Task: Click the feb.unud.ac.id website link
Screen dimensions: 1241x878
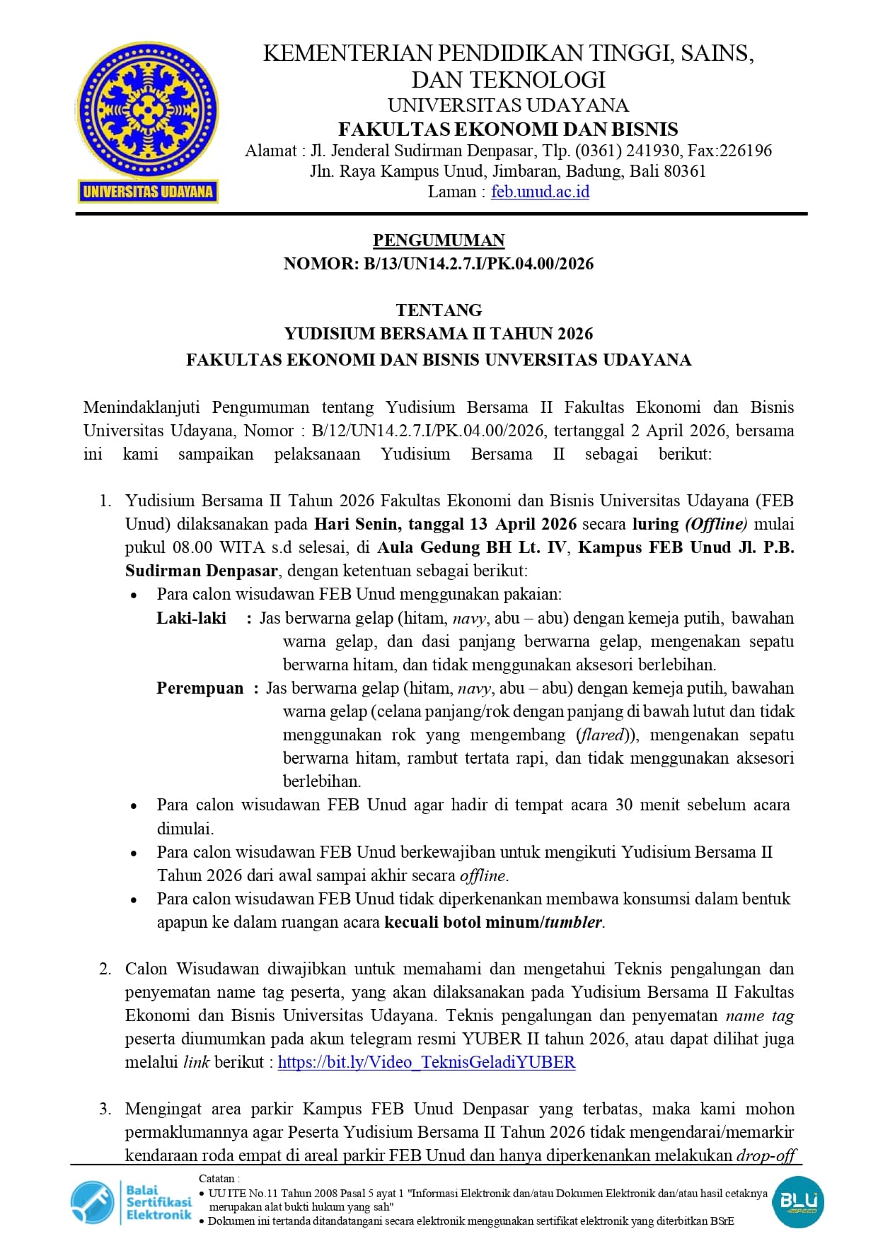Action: point(540,192)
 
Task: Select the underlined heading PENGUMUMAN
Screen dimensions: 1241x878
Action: point(439,240)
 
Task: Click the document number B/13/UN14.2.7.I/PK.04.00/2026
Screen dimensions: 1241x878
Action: point(478,264)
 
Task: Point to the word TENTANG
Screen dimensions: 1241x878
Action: point(439,310)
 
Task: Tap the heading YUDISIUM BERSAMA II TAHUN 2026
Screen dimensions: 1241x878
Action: point(439,334)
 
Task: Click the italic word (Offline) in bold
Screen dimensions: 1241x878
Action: point(716,524)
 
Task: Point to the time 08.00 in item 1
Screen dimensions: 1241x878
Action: point(192,547)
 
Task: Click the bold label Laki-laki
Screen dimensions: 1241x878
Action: point(191,618)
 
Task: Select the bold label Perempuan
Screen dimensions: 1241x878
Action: point(200,688)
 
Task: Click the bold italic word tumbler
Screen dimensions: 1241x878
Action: point(573,922)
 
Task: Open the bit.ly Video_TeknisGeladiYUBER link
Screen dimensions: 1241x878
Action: point(427,1062)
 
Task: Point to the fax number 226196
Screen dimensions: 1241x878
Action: point(745,151)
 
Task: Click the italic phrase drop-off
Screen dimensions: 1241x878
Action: point(766,1155)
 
